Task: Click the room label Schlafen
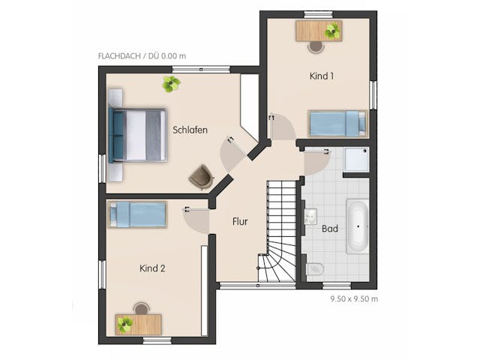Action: click(x=190, y=130)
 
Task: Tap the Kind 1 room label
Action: click(x=322, y=76)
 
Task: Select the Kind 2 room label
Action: click(x=152, y=268)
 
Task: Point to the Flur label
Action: click(x=240, y=221)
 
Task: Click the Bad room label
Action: click(x=330, y=229)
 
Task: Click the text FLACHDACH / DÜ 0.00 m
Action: click(x=142, y=56)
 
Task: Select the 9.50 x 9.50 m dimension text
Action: click(x=354, y=298)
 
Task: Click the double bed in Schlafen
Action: click(x=137, y=135)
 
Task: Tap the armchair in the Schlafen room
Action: click(x=202, y=177)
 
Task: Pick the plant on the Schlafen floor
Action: click(x=171, y=84)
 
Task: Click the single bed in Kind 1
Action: click(x=337, y=123)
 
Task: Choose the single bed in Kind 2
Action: click(x=137, y=214)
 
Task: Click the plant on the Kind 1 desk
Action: click(x=332, y=31)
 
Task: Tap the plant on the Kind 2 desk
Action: click(x=125, y=325)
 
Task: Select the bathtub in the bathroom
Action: click(x=358, y=226)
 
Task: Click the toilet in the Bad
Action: click(x=315, y=270)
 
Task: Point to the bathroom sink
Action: click(x=310, y=217)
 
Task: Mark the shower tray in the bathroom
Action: click(x=357, y=160)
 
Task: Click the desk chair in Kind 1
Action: click(x=316, y=47)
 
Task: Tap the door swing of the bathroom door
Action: click(x=316, y=163)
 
